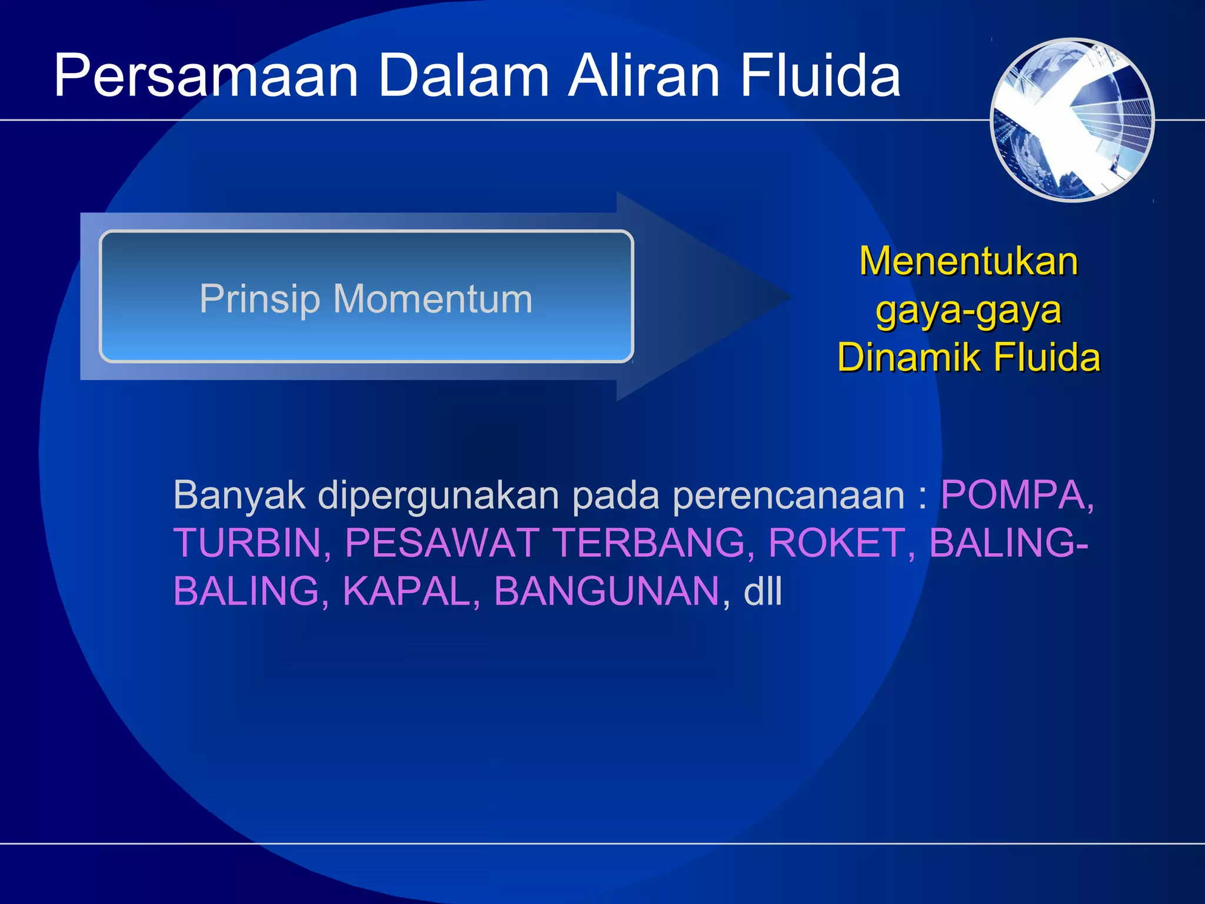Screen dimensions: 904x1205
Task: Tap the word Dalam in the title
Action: click(464, 77)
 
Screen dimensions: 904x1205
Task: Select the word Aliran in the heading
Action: click(644, 77)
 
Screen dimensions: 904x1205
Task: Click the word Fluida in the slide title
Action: click(820, 77)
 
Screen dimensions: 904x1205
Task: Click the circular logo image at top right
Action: click(1072, 120)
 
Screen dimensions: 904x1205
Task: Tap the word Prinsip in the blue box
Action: click(259, 299)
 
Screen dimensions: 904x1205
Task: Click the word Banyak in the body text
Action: click(239, 496)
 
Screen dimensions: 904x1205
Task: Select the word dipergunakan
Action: click(438, 496)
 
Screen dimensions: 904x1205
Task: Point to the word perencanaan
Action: click(788, 496)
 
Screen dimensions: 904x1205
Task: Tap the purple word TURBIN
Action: click(247, 543)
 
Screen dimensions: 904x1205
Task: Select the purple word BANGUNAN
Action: click(606, 591)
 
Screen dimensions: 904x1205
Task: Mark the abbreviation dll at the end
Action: click(763, 591)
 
